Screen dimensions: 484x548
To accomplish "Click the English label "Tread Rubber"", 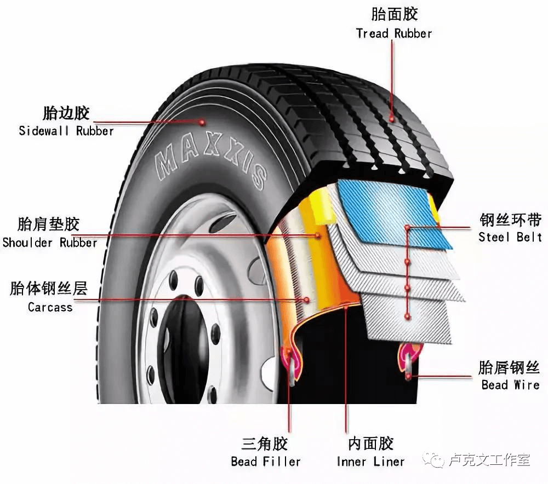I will pos(394,33).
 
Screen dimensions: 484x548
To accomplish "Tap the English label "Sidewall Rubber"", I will pos(66,131).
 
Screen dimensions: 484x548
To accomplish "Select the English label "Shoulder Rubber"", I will pos(50,243).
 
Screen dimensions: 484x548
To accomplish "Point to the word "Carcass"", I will pos(50,307).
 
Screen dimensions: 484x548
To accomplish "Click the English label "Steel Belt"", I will pos(510,237).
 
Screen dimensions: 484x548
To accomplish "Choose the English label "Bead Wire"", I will pos(510,385).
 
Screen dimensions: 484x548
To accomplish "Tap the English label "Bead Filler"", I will pos(266,462).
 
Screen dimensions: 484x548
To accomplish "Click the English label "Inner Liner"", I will pos(370,462).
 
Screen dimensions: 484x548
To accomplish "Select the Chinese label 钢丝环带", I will pos(511,220).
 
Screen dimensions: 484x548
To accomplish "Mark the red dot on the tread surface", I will pos(392,117).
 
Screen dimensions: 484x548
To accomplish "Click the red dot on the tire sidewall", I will pos(202,122).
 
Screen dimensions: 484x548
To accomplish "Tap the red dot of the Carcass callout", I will pos(306,299).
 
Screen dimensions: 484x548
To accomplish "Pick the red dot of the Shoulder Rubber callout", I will pos(317,235).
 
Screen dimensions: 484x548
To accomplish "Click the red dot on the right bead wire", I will pos(408,376).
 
